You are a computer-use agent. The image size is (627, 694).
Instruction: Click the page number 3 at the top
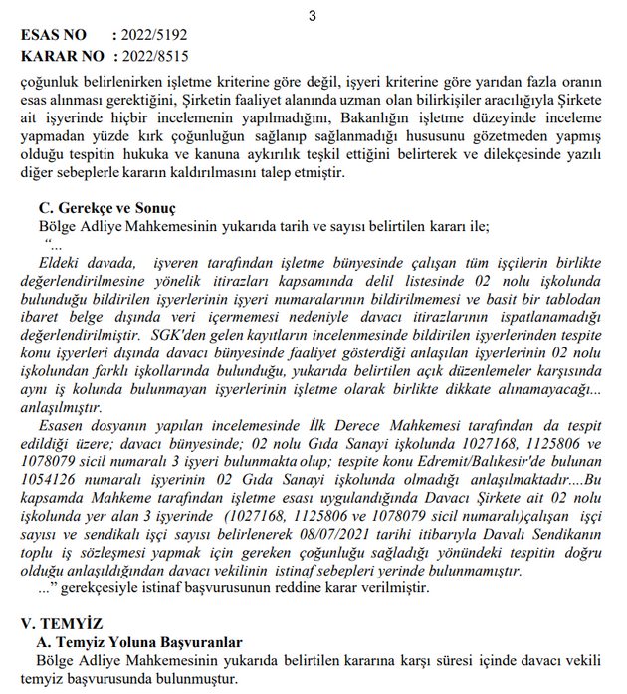(312, 15)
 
